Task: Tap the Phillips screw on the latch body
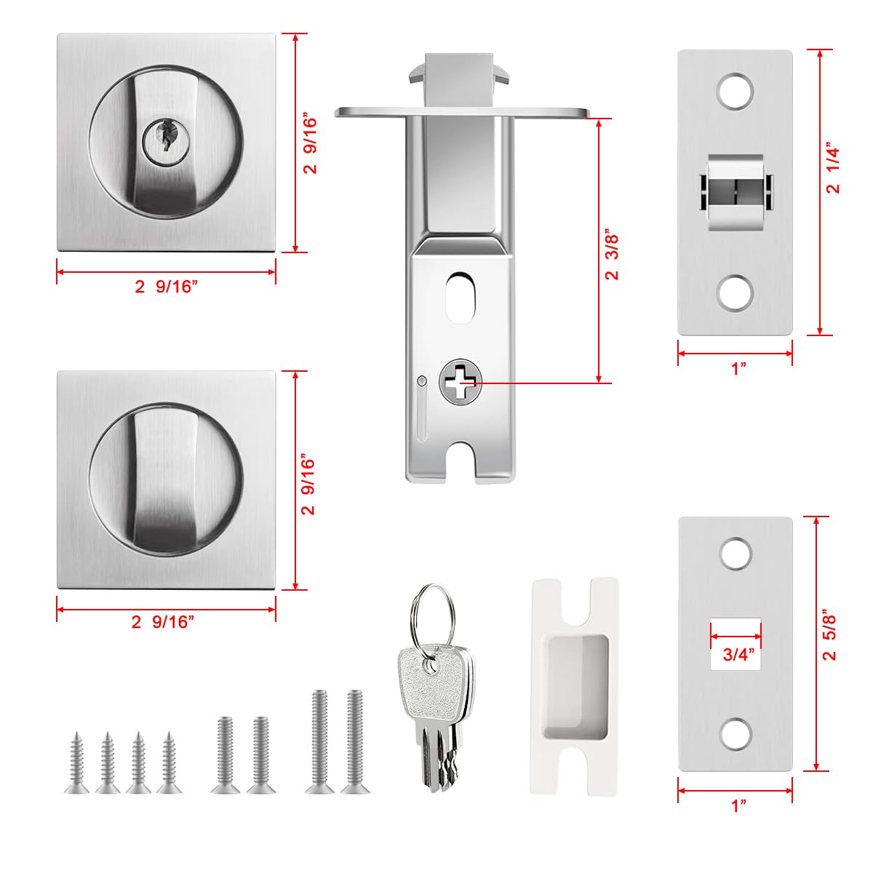pyautogui.click(x=461, y=380)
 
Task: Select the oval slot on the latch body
pyautogui.click(x=460, y=297)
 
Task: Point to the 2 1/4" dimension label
pyautogui.click(x=834, y=171)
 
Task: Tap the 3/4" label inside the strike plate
pyautogui.click(x=737, y=654)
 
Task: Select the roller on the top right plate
pyautogui.click(x=735, y=193)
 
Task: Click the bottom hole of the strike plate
pyautogui.click(x=736, y=735)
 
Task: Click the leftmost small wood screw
pyautogui.click(x=74, y=762)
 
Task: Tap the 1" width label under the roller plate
pyautogui.click(x=739, y=369)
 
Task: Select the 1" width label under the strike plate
pyautogui.click(x=739, y=805)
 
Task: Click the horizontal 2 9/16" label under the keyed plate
pyautogui.click(x=166, y=286)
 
